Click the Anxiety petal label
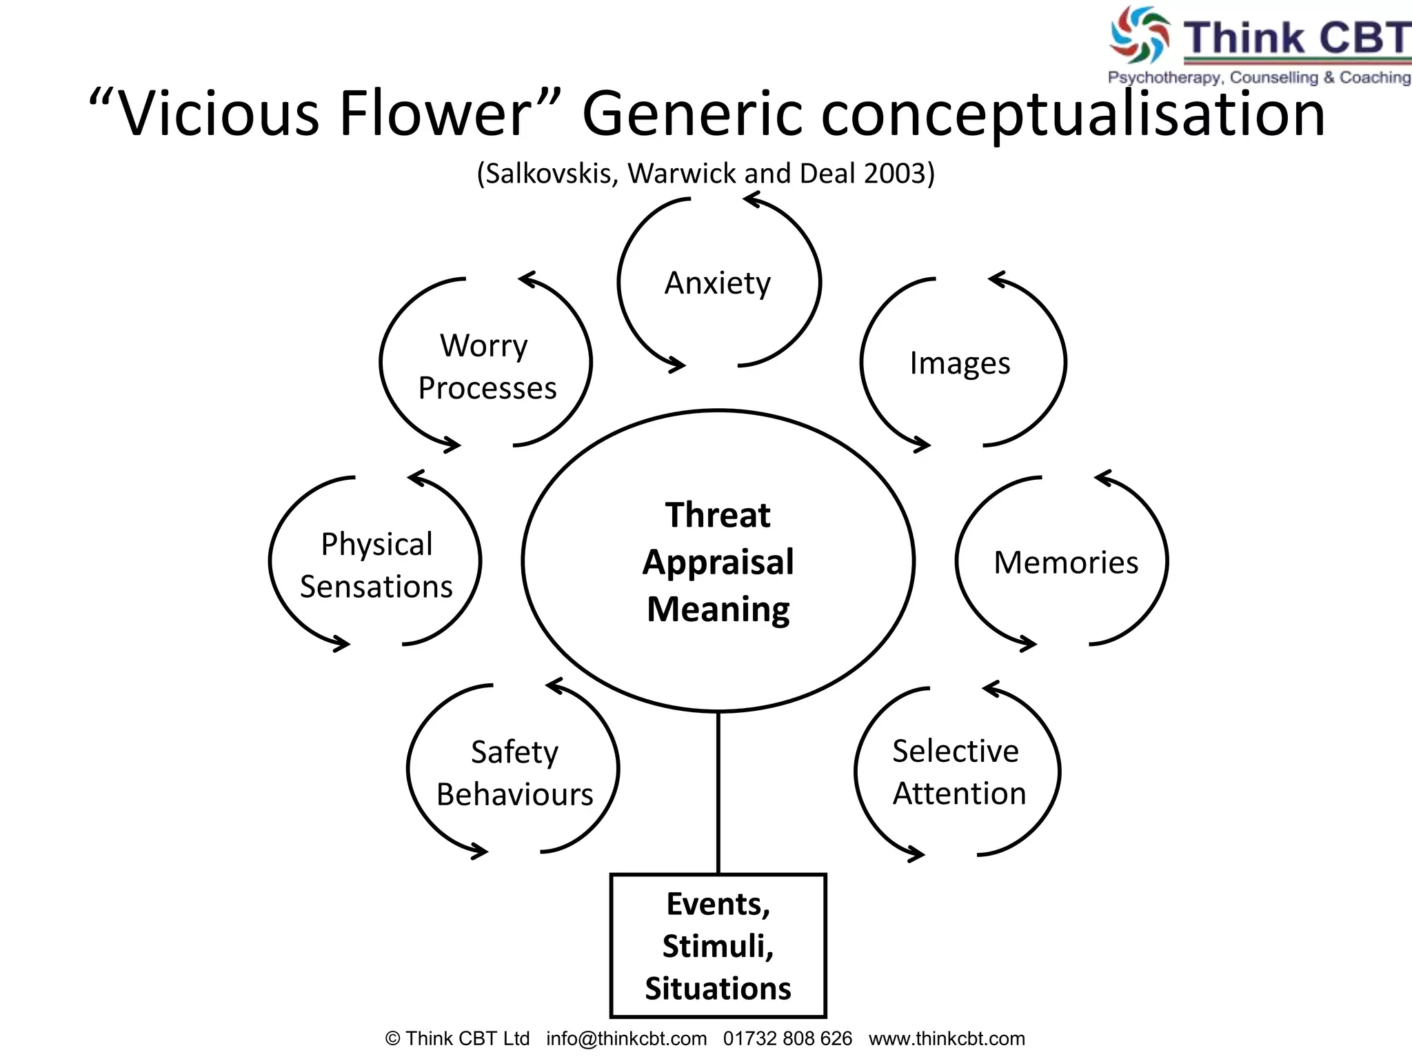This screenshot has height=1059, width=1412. (717, 283)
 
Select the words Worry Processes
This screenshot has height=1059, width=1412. (486, 367)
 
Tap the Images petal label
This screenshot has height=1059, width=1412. (960, 363)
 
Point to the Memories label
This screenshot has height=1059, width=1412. (1065, 563)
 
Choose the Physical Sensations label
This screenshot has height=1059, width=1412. (376, 565)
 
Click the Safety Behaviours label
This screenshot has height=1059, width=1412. (514, 773)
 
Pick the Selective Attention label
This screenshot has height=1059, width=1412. (958, 772)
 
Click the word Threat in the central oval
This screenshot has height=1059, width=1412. (718, 515)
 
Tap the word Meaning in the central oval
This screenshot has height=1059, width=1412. (718, 609)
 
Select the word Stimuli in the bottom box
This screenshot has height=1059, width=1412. (718, 946)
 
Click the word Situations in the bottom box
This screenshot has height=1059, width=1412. (718, 988)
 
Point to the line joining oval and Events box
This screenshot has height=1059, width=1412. (718, 793)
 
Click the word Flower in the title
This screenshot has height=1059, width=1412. (434, 114)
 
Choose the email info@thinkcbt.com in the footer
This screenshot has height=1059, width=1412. (626, 1038)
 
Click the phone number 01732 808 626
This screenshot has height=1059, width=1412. (787, 1038)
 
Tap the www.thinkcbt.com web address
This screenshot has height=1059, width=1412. (947, 1038)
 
